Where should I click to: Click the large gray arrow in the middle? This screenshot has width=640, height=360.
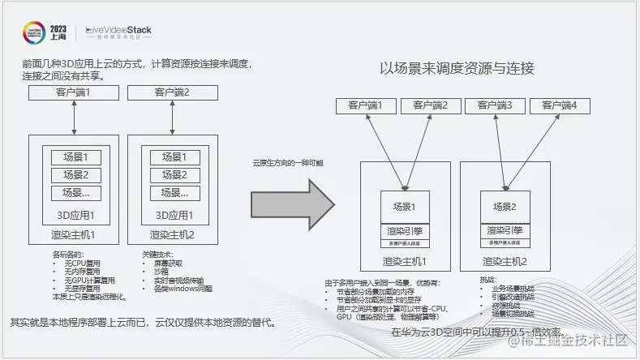pyautogui.click(x=290, y=198)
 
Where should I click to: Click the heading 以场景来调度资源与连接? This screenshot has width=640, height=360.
pyautogui.click(x=457, y=68)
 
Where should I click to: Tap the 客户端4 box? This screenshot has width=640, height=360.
pyautogui.click(x=560, y=105)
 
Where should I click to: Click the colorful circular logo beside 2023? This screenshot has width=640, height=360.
pyautogui.click(x=35, y=32)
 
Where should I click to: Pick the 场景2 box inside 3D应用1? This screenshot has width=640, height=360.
pyautogui.click(x=75, y=174)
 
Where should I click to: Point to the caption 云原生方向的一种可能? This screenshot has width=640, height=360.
pyautogui.click(x=287, y=163)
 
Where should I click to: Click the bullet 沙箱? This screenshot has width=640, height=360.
pyautogui.click(x=160, y=272)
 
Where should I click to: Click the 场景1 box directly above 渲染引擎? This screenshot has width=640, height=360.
pyautogui.click(x=404, y=206)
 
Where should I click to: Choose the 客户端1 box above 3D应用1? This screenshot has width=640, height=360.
pyautogui.click(x=74, y=92)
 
